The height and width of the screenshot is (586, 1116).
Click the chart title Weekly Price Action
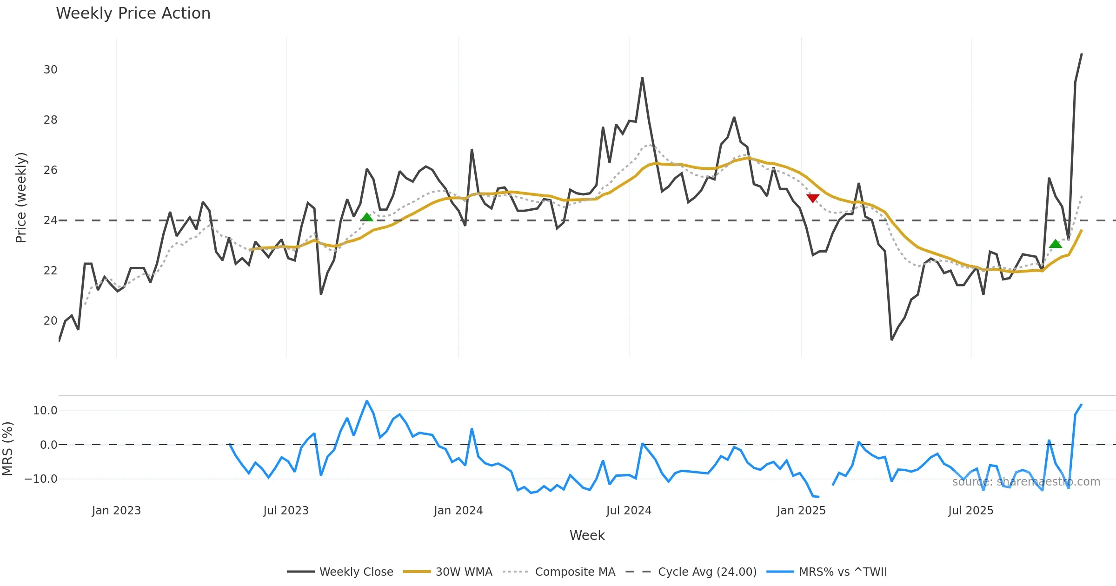pos(133,13)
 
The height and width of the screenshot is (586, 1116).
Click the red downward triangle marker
pos(812,198)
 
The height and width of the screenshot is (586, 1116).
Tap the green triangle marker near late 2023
pos(367,217)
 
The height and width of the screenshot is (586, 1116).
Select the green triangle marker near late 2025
pos(1056,244)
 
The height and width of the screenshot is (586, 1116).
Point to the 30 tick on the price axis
pos(50,70)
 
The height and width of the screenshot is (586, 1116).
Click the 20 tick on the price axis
pos(50,321)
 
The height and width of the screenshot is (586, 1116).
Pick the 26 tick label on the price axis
pos(50,170)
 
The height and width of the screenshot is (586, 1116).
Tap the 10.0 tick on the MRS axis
pos(45,411)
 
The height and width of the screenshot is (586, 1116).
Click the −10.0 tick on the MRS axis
pos(41,479)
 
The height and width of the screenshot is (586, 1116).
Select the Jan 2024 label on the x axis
pos(458,511)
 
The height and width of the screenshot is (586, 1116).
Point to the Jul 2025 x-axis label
pos(970,511)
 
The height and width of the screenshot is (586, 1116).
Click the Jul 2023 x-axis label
pos(286,511)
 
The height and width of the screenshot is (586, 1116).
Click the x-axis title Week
pos(587,536)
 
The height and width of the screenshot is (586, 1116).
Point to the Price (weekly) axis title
pos(21,198)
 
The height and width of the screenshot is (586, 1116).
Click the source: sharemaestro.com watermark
pos(1026,482)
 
